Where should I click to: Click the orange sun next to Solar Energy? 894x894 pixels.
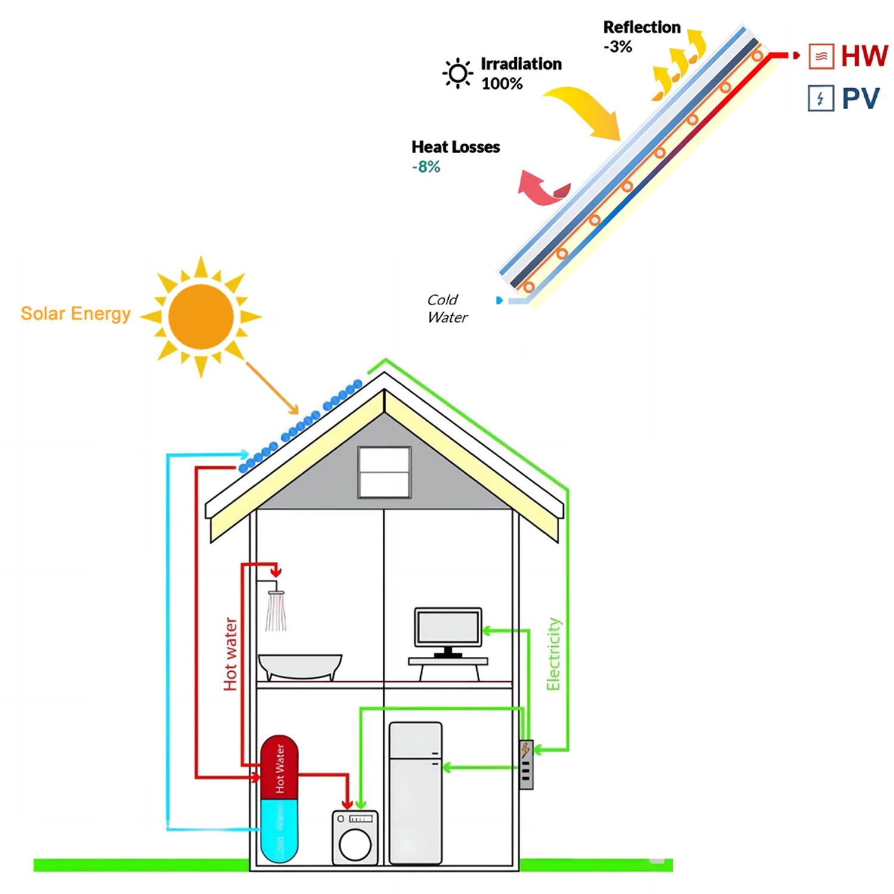click(x=201, y=316)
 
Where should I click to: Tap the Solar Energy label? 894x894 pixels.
click(x=76, y=313)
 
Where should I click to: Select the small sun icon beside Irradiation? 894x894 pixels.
click(x=458, y=73)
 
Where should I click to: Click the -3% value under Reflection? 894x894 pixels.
click(x=617, y=47)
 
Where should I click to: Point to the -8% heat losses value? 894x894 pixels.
click(x=426, y=167)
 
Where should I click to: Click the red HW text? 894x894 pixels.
click(x=864, y=56)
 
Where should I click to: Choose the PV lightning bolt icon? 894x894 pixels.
click(x=821, y=98)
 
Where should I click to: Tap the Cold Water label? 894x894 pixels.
click(x=447, y=309)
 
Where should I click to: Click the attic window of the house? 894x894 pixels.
click(x=384, y=472)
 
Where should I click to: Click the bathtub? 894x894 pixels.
click(x=300, y=666)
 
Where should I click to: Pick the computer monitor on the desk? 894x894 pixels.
click(x=448, y=628)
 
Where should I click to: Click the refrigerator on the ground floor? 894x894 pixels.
click(x=415, y=793)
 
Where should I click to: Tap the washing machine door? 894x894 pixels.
click(x=355, y=844)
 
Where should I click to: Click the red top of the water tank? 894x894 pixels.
click(x=280, y=768)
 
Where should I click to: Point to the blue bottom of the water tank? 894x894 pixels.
click(x=280, y=831)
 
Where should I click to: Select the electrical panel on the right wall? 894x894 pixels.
click(x=526, y=765)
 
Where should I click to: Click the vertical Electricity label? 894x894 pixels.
click(x=554, y=654)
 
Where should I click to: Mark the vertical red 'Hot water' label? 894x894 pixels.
click(x=230, y=654)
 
